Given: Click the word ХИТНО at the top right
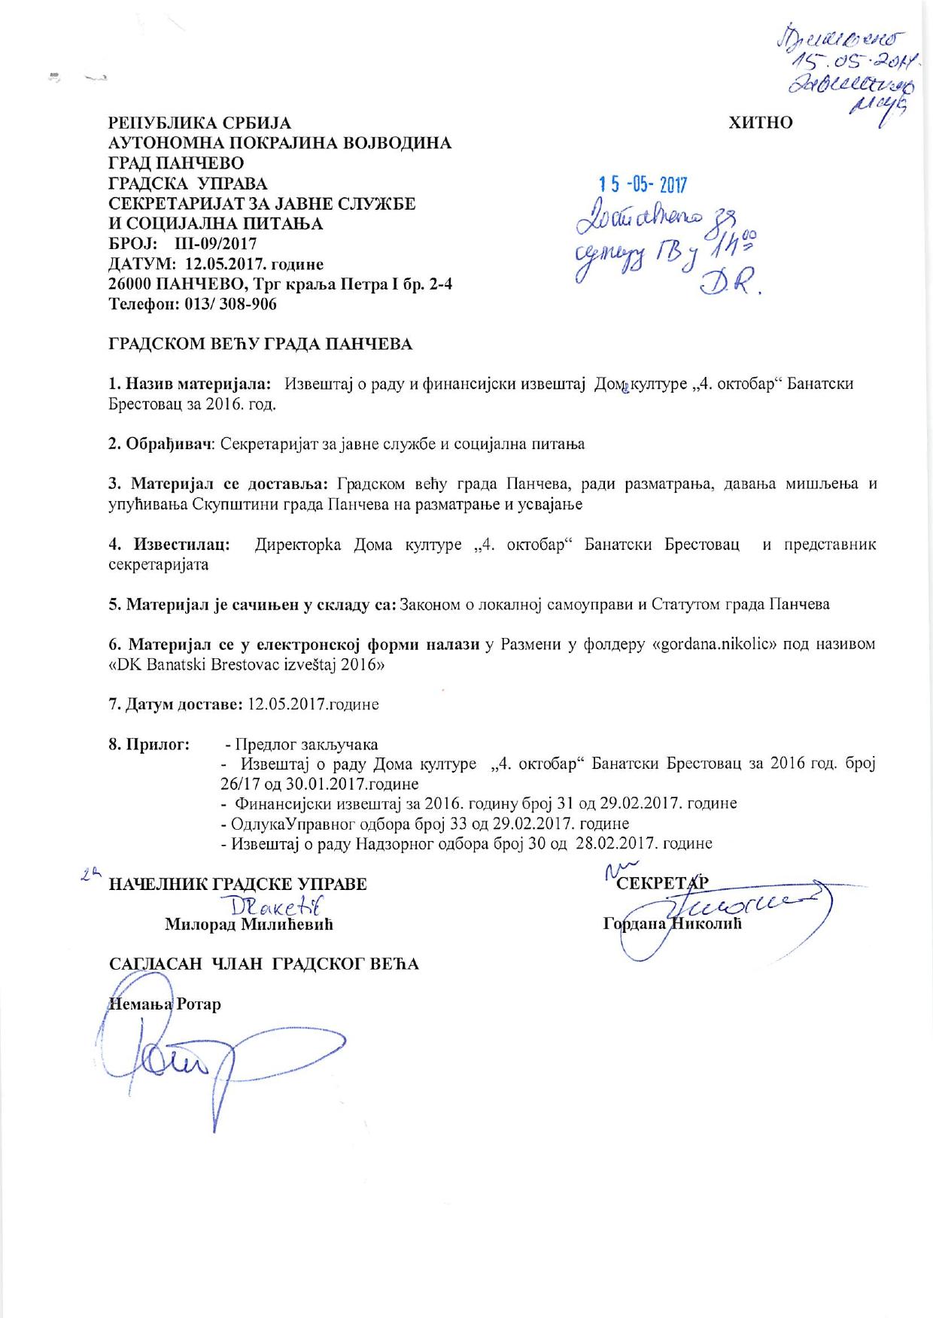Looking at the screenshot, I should [x=761, y=123].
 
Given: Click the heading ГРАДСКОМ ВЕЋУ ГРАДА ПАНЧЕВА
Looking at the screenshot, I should [x=261, y=345].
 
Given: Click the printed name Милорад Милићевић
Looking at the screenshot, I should [x=249, y=925].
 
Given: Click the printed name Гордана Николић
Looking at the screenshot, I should [x=672, y=923].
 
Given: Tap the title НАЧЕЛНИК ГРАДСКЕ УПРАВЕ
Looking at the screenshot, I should [x=239, y=884].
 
